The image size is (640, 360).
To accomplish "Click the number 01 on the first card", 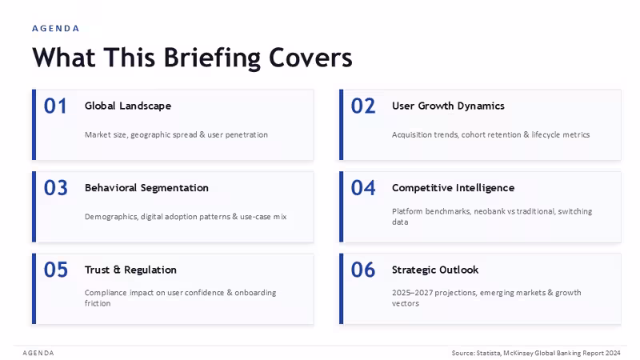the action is click(55, 106).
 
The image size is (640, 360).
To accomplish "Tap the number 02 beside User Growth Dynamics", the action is click(363, 106).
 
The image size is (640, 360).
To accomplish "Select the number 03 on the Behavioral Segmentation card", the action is click(55, 188).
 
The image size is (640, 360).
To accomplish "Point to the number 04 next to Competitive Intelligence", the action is click(363, 188).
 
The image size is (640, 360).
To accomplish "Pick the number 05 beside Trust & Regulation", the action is click(55, 270).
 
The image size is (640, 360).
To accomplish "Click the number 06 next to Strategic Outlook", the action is click(363, 270).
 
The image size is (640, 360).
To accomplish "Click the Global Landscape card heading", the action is click(128, 106).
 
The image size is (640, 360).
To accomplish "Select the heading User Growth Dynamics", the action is click(448, 106).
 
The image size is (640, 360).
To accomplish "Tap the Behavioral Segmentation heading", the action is click(146, 188).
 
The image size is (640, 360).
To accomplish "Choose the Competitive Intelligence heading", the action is click(453, 188).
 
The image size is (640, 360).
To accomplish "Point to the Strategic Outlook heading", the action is click(435, 270).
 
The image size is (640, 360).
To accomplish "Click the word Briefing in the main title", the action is click(212, 58).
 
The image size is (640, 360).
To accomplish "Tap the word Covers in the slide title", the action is click(310, 58).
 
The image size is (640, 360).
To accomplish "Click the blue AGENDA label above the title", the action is click(55, 29).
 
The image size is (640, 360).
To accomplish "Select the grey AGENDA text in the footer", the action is click(38, 353).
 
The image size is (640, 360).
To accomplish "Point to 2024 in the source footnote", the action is click(613, 353).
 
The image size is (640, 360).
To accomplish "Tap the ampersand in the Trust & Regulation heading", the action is click(117, 270).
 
